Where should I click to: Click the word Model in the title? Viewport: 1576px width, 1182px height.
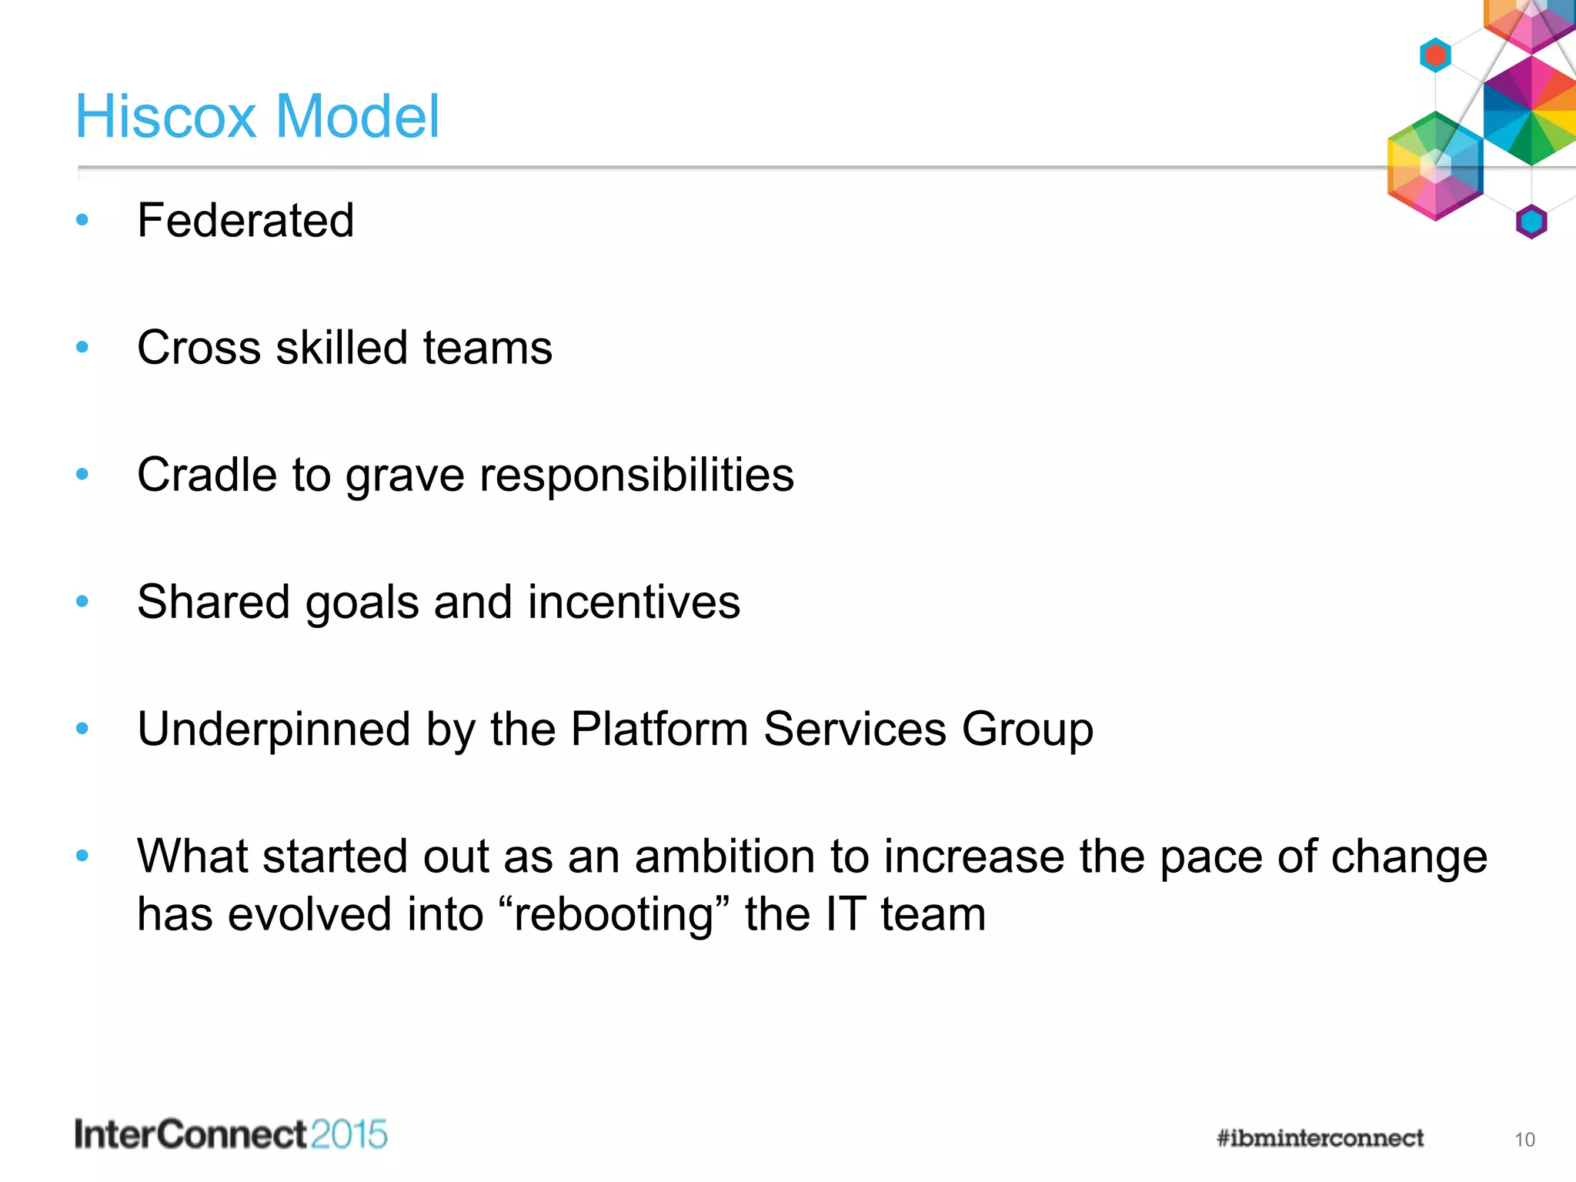[x=357, y=116]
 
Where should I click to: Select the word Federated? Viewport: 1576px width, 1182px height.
[x=245, y=221]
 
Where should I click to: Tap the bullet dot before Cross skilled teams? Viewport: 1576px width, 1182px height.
[x=82, y=348]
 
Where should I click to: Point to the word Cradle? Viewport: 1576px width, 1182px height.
[x=206, y=475]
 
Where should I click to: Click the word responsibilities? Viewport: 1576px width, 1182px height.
[x=636, y=475]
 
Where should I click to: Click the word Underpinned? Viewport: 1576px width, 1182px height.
[x=273, y=729]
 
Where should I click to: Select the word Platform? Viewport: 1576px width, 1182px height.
[x=659, y=729]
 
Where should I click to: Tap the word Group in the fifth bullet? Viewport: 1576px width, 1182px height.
[x=1027, y=729]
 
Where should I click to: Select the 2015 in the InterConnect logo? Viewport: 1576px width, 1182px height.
[x=349, y=1135]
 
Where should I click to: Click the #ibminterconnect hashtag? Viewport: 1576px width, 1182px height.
[x=1320, y=1138]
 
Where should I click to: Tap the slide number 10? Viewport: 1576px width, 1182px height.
[x=1524, y=1140]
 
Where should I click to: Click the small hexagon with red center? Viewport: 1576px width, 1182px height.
[x=1435, y=55]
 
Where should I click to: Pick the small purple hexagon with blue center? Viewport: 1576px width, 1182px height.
[x=1531, y=222]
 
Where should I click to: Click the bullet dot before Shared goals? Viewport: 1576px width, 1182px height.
[x=82, y=602]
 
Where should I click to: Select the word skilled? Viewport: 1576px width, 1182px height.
[x=342, y=348]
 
